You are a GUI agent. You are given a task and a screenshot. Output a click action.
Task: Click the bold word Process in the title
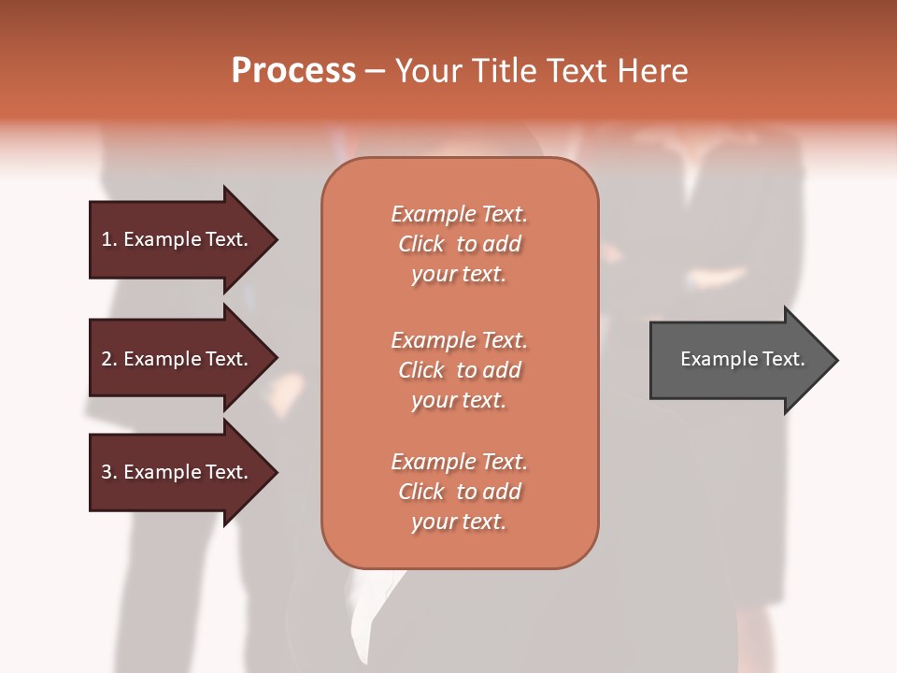coord(293,71)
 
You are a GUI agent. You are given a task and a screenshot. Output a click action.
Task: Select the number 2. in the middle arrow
coord(108,359)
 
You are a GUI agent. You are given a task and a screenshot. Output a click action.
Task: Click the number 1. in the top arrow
coord(108,239)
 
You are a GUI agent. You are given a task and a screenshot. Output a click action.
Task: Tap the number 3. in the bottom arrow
coord(108,472)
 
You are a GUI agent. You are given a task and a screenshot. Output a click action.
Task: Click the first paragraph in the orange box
coord(459,244)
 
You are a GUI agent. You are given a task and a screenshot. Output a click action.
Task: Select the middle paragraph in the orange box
coord(459,370)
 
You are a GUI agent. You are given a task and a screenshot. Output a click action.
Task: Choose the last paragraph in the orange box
coord(459,492)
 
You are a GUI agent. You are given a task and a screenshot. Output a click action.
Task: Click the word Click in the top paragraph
coord(420,244)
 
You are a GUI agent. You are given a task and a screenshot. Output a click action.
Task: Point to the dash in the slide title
coord(375,71)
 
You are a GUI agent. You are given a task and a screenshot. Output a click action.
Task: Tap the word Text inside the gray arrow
coord(783,359)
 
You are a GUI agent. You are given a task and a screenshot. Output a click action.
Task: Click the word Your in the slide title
coord(429,71)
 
